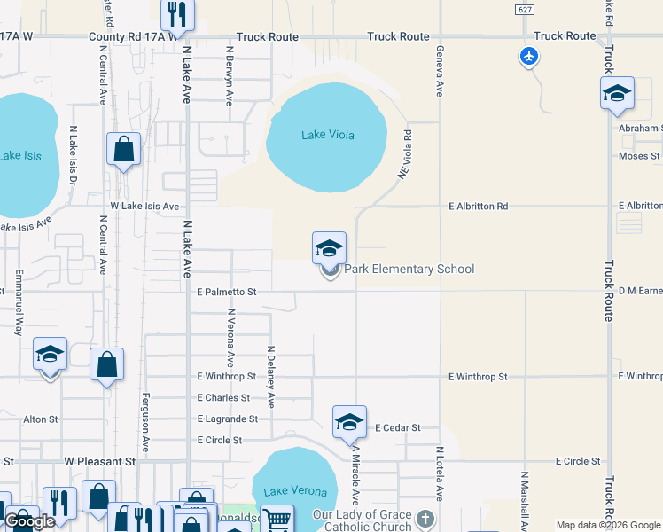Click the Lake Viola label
[x=327, y=135]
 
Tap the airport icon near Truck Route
[x=529, y=57]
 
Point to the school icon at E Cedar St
[x=349, y=422]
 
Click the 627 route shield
[x=526, y=8]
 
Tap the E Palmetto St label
[x=226, y=291]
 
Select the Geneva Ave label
[x=439, y=63]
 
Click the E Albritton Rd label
[x=478, y=206]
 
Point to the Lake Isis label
[x=19, y=155]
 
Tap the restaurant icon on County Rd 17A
[x=175, y=14]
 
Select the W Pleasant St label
[x=99, y=462]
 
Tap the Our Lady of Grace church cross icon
[x=425, y=518]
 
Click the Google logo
[x=29, y=521]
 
